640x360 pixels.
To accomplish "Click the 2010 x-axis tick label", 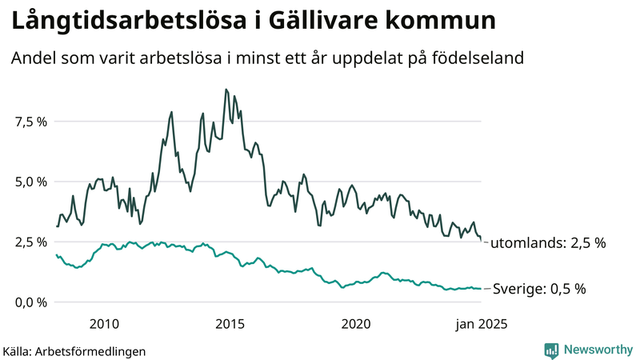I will click(105, 324).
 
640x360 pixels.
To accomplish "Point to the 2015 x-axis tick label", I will click(230, 324).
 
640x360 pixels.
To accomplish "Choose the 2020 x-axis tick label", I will click(356, 324).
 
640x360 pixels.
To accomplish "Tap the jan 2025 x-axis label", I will click(481, 324).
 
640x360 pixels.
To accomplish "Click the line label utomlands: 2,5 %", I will click(548, 242).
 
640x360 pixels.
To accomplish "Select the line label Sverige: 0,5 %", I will click(538, 289).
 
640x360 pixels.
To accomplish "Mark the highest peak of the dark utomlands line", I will click(226, 90).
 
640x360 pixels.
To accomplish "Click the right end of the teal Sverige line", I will click(481, 289).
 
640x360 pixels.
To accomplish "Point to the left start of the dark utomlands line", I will click(56, 226).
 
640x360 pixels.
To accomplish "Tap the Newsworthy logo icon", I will click(552, 350).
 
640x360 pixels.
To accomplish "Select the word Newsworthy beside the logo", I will click(598, 350).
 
